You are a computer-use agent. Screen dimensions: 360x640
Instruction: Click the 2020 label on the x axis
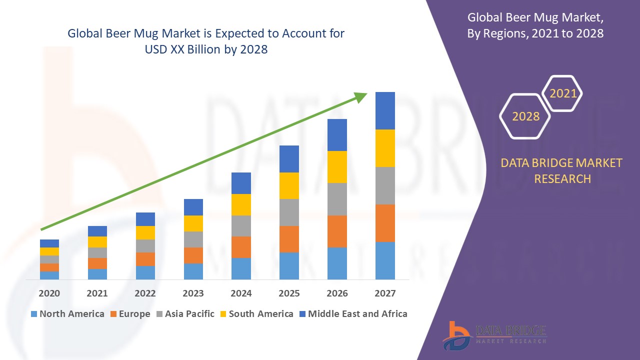[x=49, y=293]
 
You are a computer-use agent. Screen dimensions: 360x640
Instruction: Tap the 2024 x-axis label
[x=241, y=293]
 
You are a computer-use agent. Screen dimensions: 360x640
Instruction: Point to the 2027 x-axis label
[x=385, y=293]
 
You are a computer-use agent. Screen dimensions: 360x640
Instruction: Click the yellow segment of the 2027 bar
[x=385, y=148]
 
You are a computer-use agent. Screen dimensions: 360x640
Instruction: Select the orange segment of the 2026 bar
[x=337, y=231]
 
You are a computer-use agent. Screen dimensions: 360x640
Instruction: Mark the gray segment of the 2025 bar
[x=289, y=212]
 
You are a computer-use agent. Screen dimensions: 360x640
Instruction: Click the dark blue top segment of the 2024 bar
[x=241, y=183]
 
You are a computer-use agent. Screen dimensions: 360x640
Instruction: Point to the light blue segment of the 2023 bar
[x=193, y=271]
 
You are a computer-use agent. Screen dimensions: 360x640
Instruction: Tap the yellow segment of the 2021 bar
[x=97, y=242]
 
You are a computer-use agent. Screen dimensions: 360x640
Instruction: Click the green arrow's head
[x=361, y=96]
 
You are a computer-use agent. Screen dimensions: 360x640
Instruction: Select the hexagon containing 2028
[x=525, y=116]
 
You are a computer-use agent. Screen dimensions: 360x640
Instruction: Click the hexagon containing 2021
[x=562, y=93]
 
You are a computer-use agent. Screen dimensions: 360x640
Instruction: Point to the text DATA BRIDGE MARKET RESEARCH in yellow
[x=562, y=170]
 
